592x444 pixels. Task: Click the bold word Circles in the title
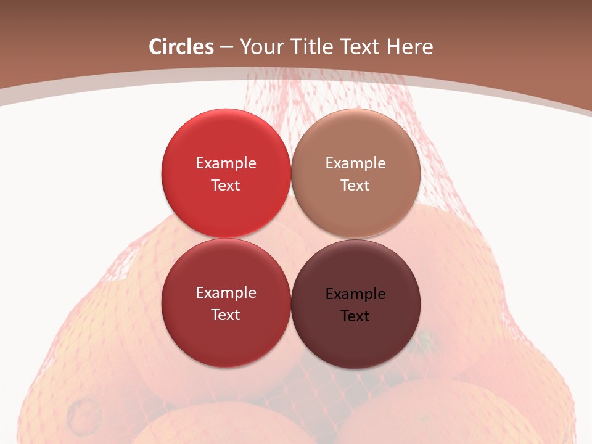181,47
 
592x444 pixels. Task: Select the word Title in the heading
312,47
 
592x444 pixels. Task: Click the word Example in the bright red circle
226,163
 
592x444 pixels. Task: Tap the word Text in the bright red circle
226,185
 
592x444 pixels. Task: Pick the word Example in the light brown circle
356,163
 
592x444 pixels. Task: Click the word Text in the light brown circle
356,185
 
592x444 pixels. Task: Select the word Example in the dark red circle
226,292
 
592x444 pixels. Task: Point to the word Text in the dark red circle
226,314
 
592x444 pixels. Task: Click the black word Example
356,294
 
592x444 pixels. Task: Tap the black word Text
356,316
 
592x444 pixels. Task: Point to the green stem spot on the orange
424,339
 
